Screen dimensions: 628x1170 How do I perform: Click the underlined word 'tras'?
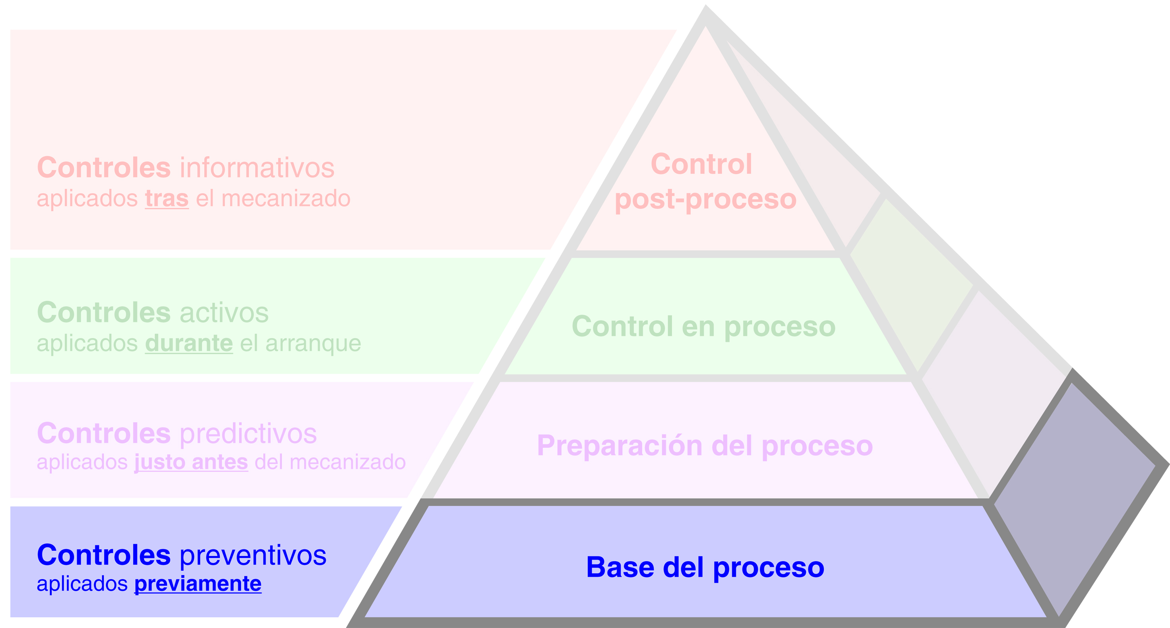pos(167,199)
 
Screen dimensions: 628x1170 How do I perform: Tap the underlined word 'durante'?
pos(189,343)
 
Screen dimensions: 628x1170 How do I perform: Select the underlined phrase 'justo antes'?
pos(191,462)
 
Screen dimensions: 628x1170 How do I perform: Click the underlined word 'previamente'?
pos(198,584)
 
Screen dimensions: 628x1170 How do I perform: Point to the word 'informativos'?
pos(257,168)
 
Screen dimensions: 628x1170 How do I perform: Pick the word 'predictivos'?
pos(248,434)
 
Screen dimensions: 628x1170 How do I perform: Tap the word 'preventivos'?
pos(253,555)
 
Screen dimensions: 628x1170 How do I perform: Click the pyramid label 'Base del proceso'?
pos(705,567)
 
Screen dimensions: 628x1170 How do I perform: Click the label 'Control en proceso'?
pos(703,327)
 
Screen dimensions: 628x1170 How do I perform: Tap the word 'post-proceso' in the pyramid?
pos(705,199)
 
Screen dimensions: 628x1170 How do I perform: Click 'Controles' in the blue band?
pos(104,555)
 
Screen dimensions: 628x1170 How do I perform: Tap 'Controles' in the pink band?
pos(104,168)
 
